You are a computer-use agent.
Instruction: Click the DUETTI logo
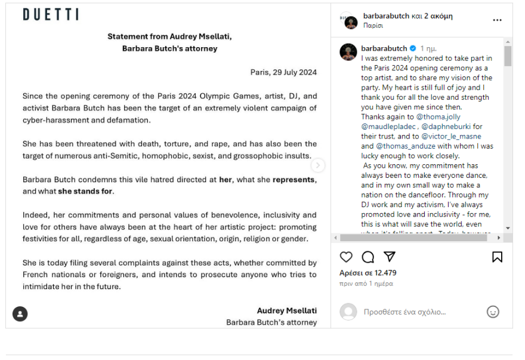[x=51, y=15]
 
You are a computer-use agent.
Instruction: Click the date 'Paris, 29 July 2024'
[x=283, y=72]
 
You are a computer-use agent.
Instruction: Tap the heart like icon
[x=346, y=257]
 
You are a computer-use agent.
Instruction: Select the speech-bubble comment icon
[x=368, y=257]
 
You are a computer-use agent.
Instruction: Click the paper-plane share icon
[x=390, y=257]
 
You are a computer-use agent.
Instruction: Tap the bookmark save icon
[x=497, y=257]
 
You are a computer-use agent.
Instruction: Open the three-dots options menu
[x=497, y=20]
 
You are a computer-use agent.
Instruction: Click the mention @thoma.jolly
[x=438, y=117]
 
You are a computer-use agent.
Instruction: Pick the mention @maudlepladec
[x=389, y=127]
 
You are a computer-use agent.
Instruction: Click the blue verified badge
[x=412, y=48]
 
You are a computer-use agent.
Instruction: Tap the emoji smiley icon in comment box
[x=493, y=312]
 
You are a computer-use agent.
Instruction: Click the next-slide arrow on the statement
[x=318, y=165]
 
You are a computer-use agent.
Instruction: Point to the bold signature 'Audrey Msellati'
[x=286, y=310]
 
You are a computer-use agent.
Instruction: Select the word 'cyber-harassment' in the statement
[x=54, y=120]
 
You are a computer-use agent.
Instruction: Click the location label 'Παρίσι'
[x=373, y=26]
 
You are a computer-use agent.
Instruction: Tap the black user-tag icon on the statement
[x=20, y=313]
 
